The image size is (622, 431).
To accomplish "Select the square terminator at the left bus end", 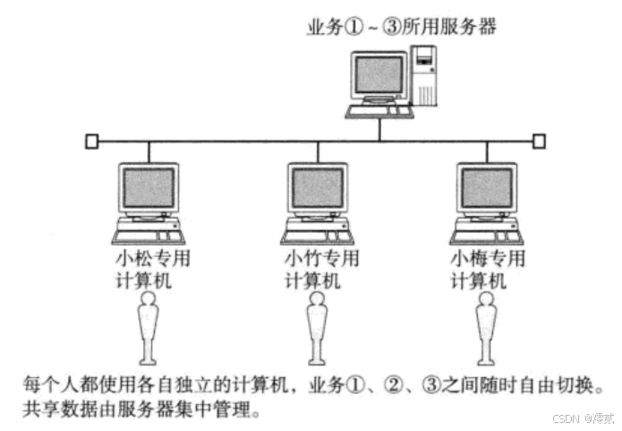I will pos(91,141).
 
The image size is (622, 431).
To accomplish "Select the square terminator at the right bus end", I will pos(539,141).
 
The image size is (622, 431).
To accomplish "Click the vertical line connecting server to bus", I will pos(380,129).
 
